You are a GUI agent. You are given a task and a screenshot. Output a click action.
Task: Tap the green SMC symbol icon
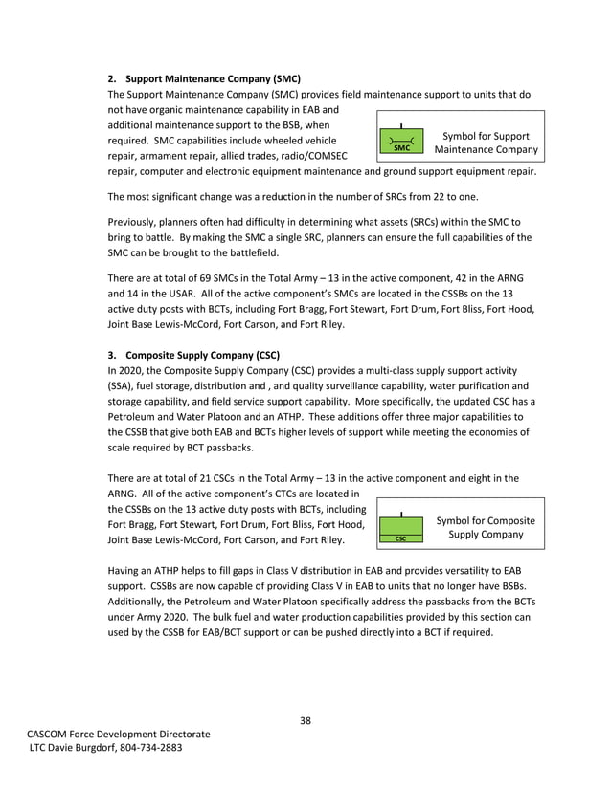(401, 143)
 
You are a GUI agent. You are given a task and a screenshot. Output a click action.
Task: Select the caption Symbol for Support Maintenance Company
(486, 143)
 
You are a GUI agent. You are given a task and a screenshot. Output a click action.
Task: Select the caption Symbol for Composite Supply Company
(486, 527)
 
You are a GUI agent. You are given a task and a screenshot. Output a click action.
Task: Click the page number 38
(305, 720)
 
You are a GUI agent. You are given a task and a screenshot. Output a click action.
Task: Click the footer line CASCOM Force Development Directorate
(118, 734)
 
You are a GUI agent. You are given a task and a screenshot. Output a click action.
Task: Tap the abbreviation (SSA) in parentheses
(122, 385)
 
